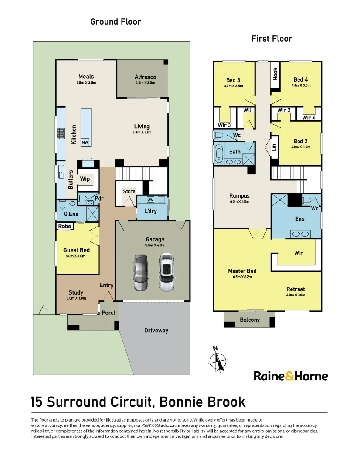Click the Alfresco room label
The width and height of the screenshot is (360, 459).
coord(145,77)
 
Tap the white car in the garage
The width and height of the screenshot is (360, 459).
coord(167,272)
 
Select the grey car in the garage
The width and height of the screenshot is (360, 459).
coord(141,272)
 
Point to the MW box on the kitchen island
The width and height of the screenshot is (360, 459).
coord(85,142)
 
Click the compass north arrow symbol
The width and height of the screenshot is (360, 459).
coord(218,359)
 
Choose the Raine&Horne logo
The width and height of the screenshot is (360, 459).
coord(291,376)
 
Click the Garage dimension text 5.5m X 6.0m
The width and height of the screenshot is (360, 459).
coord(155,245)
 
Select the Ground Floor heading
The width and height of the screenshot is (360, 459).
coord(116,22)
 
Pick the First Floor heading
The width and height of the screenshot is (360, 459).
coord(272,39)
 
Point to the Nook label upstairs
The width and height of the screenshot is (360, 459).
coord(275,74)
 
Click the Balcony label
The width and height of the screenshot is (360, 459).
coord(249,320)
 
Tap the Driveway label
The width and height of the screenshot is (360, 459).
coord(156,331)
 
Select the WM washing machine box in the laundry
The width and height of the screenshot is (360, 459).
coord(150,200)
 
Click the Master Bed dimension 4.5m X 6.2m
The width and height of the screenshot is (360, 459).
coord(242,277)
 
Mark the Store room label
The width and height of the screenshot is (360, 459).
coord(129,191)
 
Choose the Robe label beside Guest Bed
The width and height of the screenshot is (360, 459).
coord(64,226)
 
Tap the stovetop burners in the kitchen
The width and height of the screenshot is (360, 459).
coord(61,133)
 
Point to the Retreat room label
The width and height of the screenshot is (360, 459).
coord(296,289)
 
